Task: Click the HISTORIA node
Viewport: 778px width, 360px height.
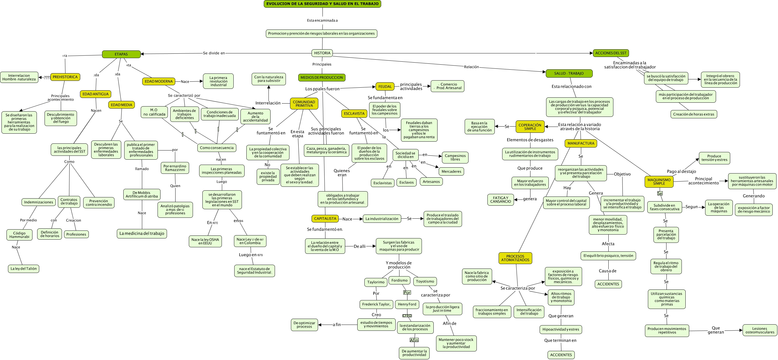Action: coord(322,53)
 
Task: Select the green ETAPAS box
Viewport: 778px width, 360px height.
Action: coord(121,54)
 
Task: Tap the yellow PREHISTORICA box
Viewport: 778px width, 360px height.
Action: coord(65,77)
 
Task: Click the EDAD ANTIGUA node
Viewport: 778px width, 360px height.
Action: coord(95,94)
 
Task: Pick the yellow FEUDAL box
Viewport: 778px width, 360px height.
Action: coord(385,87)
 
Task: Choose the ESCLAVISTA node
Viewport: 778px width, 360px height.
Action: coord(354,114)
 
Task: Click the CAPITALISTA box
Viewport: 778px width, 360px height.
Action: coord(325,219)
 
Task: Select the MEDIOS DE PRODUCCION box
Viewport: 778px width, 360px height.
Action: coord(322,78)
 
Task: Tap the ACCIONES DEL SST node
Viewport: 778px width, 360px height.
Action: coord(611,53)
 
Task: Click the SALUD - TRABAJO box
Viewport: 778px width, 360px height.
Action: coord(569,73)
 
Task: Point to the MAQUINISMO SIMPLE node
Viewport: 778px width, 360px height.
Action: coord(659,181)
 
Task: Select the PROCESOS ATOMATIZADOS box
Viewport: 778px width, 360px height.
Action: coord(515,258)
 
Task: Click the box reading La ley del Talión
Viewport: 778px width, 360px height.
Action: coord(24,269)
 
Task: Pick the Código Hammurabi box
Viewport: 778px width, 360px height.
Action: coord(19,235)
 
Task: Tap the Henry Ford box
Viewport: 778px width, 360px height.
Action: coord(407,305)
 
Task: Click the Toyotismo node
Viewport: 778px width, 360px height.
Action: coord(425,282)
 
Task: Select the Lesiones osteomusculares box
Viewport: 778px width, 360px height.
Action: coord(760,330)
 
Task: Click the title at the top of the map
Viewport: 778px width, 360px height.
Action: coord(322,4)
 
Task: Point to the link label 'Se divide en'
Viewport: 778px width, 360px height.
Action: coord(214,53)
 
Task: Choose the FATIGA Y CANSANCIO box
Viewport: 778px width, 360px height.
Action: coord(500,200)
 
